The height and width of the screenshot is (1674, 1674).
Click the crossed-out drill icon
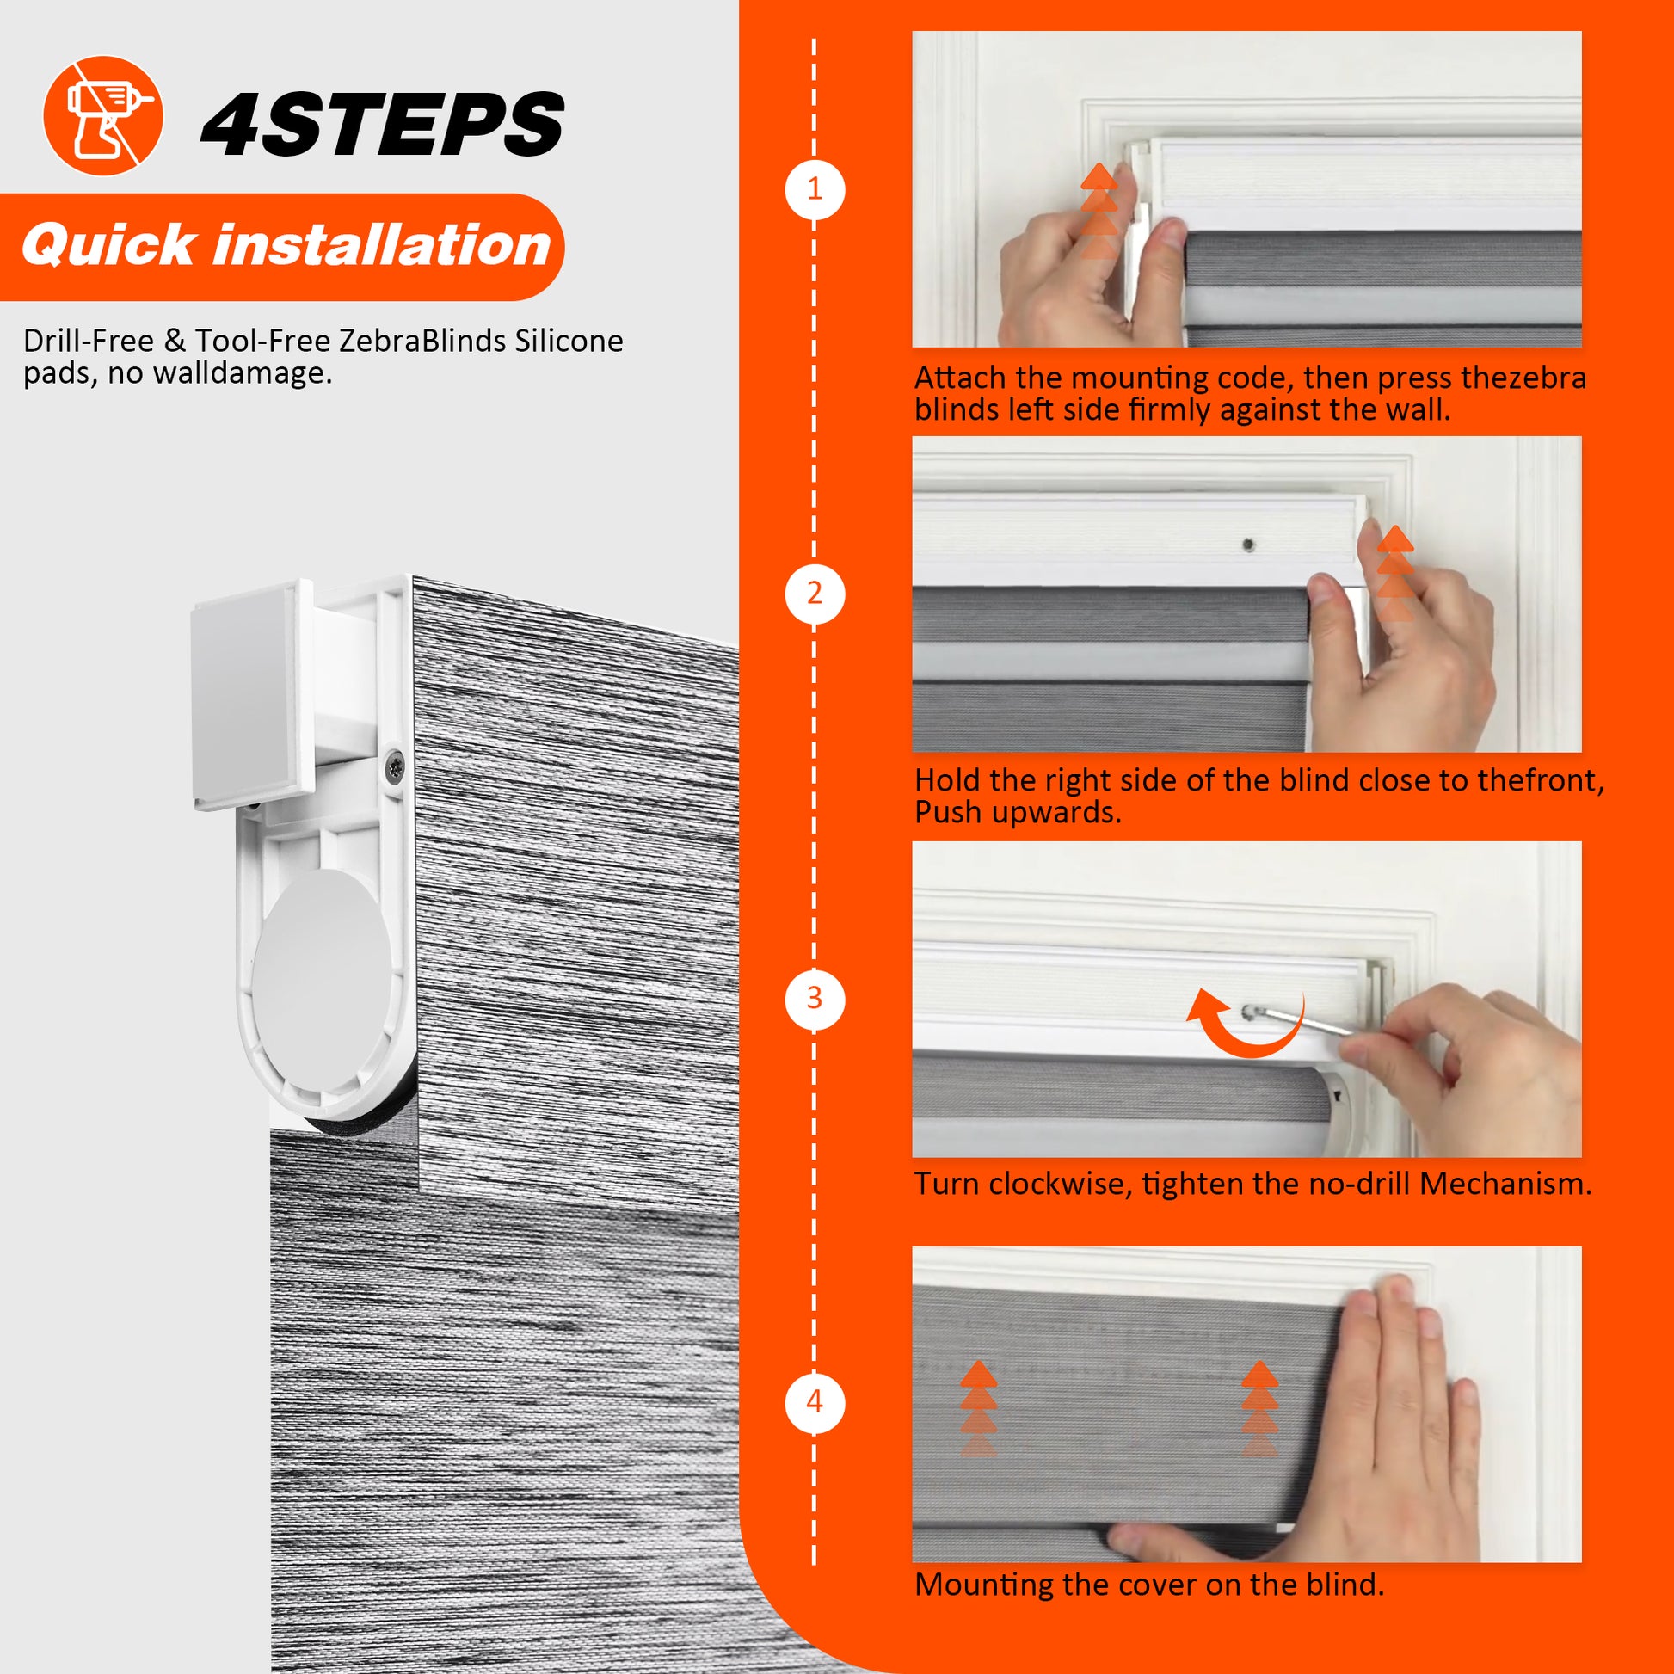point(103,116)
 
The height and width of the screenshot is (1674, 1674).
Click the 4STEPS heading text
point(382,125)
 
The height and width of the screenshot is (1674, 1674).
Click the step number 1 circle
point(815,189)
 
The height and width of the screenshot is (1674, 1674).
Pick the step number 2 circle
point(815,594)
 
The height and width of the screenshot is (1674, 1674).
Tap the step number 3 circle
point(815,999)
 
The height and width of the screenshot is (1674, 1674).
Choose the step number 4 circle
point(815,1402)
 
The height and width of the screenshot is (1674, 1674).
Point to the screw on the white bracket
point(394,766)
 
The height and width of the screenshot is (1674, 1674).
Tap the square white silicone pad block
point(251,695)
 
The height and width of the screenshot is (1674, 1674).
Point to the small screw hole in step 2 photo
point(1248,545)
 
